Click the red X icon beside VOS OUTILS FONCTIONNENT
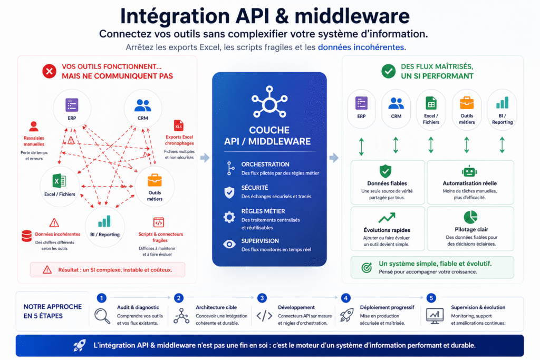tap(49, 71)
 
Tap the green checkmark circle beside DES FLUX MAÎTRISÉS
tap(388, 71)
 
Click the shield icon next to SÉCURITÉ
tap(229, 192)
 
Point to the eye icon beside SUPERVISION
tap(229, 244)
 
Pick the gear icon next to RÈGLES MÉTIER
tap(229, 217)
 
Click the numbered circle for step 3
tap(262, 298)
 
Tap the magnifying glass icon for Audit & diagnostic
tap(102, 315)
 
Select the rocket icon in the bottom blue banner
tap(80, 345)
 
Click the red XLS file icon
tap(178, 127)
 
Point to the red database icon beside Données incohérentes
tap(26, 236)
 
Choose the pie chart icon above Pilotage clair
tap(470, 217)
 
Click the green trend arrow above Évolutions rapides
tap(387, 217)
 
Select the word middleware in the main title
tap(352, 16)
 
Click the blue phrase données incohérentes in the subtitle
tap(361, 47)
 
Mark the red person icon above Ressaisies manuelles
tap(34, 127)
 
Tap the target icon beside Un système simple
tap(367, 267)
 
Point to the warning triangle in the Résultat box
tap(47, 269)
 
